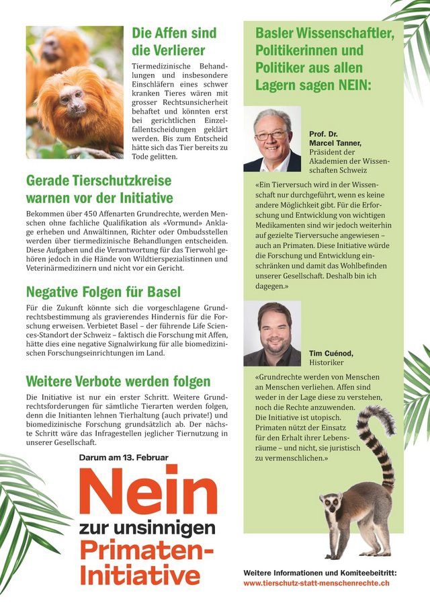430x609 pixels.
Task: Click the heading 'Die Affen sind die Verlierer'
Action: click(173, 41)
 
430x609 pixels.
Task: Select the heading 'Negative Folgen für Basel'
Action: click(103, 292)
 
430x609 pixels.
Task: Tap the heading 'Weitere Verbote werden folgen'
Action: click(118, 382)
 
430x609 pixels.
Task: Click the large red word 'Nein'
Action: click(148, 491)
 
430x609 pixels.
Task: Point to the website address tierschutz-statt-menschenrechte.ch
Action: click(316, 583)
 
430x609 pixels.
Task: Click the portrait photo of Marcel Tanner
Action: click(272, 139)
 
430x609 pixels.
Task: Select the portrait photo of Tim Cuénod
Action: click(271, 333)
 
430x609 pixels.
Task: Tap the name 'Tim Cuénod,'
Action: click(331, 353)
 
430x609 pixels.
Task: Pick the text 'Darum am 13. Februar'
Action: click(123, 457)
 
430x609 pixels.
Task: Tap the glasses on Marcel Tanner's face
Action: click(271, 135)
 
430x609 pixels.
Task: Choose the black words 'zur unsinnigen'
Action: click(147, 527)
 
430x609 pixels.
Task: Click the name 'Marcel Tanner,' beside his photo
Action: click(335, 143)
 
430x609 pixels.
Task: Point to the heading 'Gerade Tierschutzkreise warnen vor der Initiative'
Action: click(99, 189)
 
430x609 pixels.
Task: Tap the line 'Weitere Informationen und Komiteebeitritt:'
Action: click(320, 572)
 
